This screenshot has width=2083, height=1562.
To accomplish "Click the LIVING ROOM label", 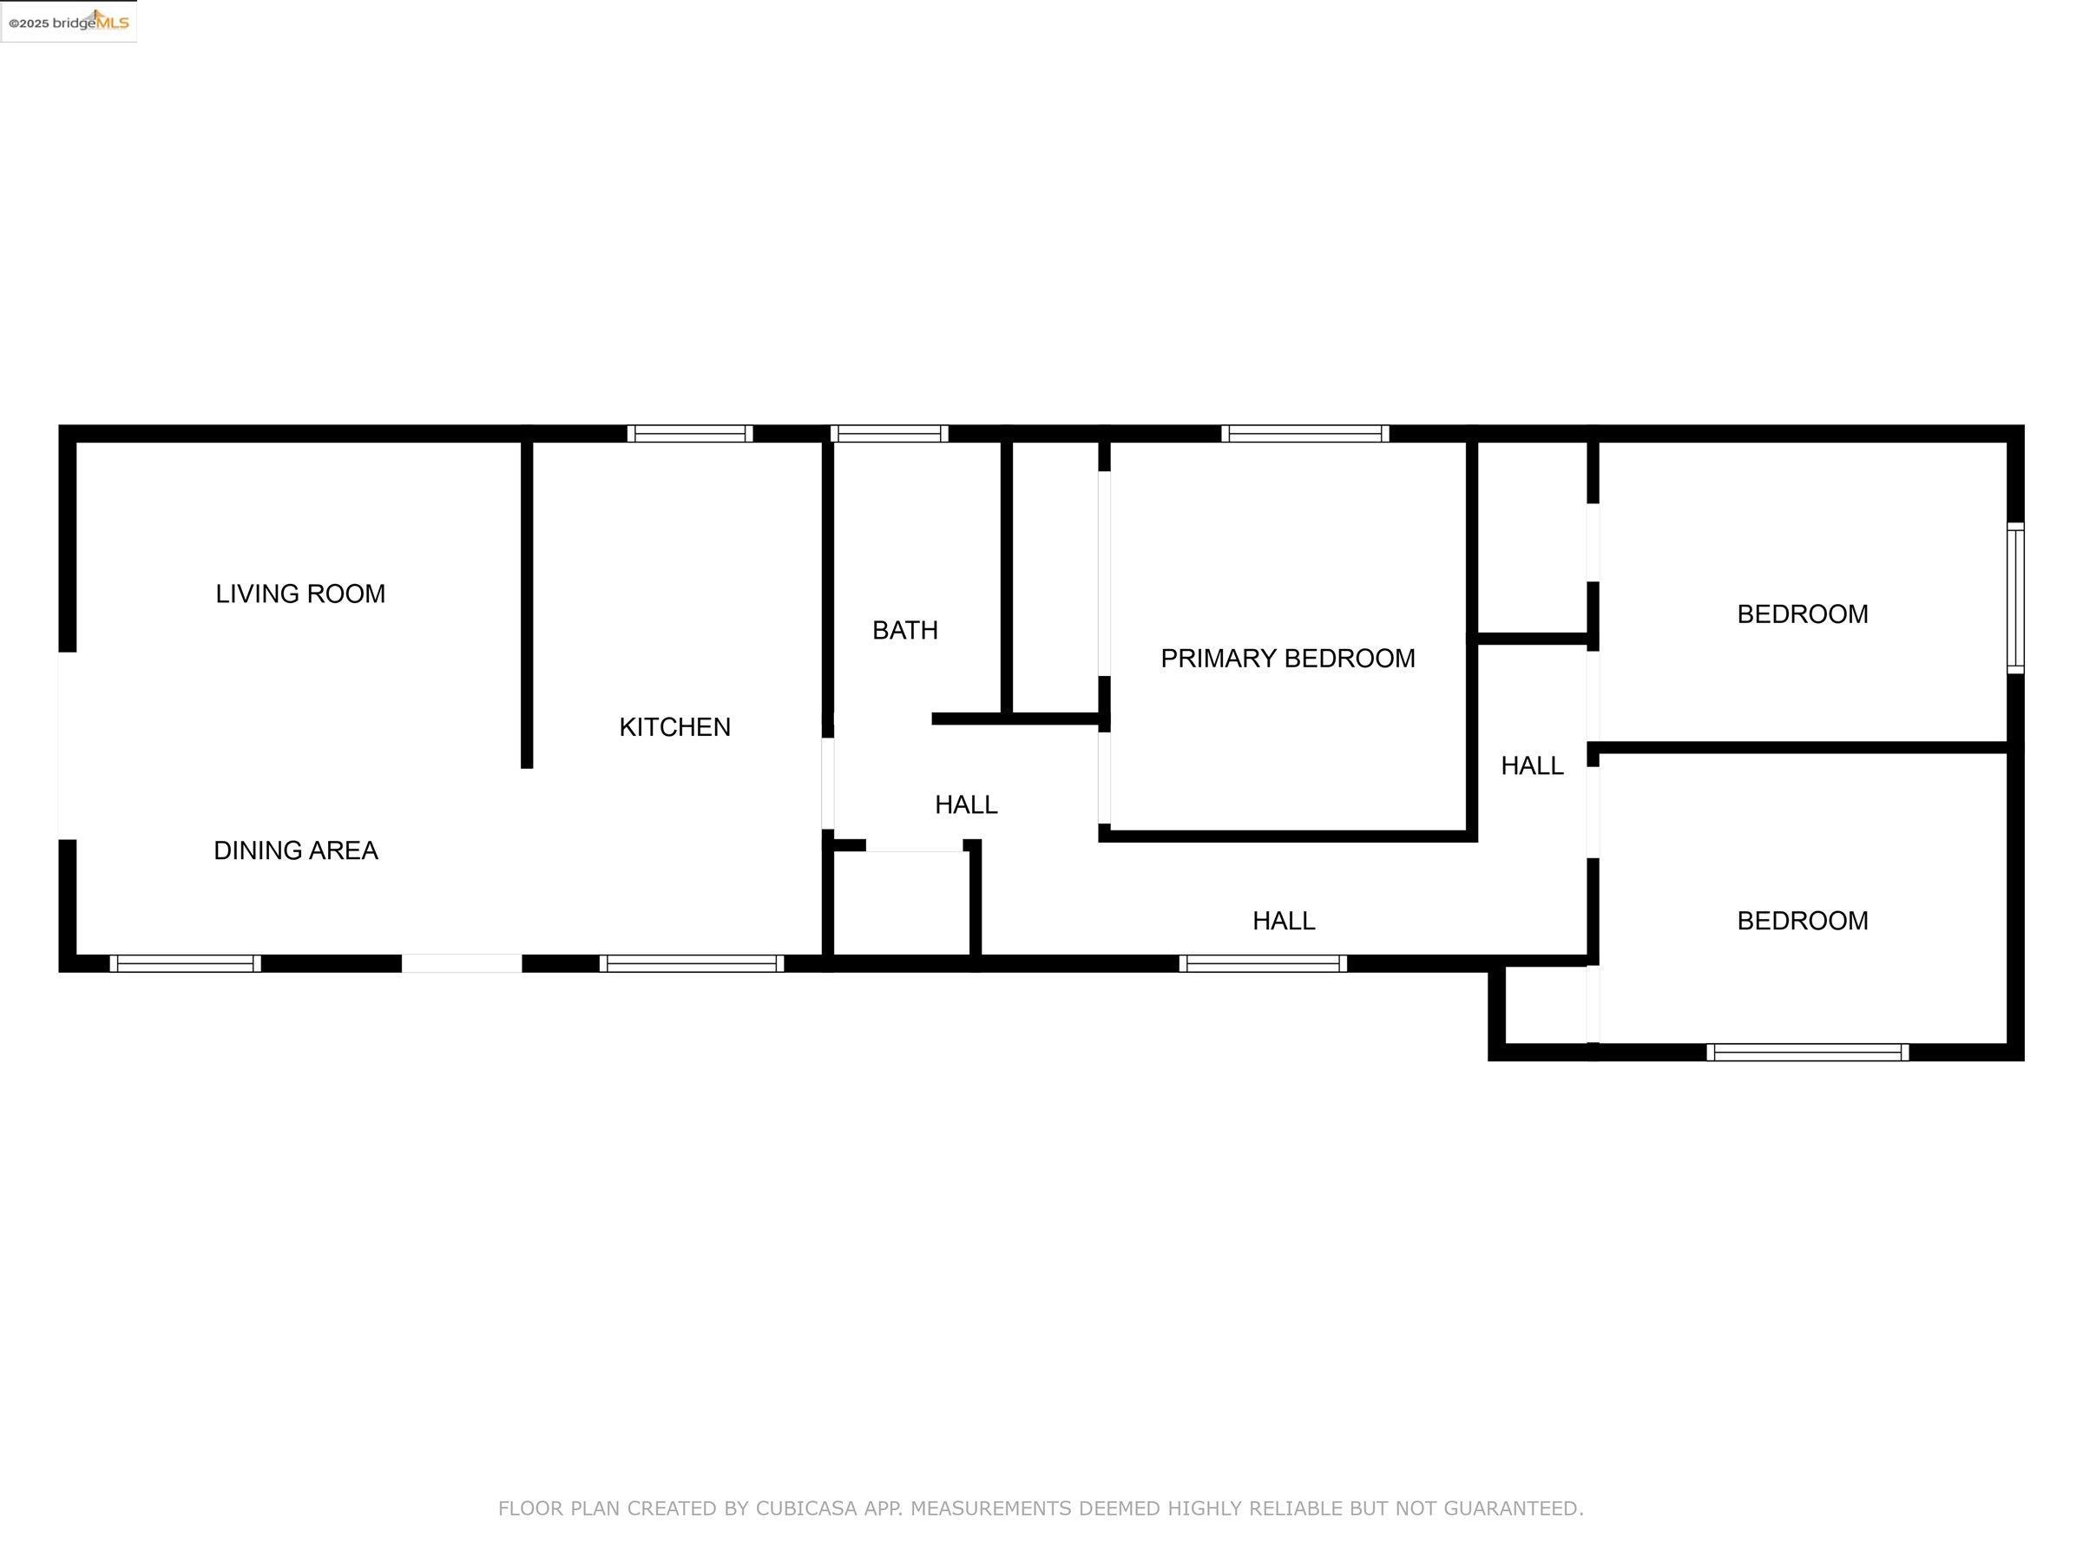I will (x=300, y=594).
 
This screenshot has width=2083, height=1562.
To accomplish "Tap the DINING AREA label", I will (x=296, y=850).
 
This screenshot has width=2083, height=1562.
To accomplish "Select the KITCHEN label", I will (x=674, y=727).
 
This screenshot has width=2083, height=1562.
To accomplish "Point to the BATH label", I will (x=905, y=630).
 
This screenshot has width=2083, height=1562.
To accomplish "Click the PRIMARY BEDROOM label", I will (x=1287, y=658).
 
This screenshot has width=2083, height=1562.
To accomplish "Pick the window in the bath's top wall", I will (x=889, y=434).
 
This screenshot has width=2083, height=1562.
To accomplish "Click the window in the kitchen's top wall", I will (x=690, y=434).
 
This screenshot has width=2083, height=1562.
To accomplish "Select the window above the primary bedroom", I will (x=1305, y=434).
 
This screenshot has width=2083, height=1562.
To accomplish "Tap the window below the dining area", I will (x=186, y=963).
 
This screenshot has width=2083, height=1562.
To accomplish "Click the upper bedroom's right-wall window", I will (x=2015, y=598).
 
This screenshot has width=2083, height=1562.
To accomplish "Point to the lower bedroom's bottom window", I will (x=1808, y=1053).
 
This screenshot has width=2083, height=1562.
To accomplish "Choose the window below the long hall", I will (x=1263, y=963).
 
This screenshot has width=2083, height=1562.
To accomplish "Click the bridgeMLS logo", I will (x=69, y=22).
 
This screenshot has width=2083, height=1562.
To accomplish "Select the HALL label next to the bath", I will (x=966, y=805).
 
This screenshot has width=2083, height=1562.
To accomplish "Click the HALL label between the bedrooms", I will (x=1532, y=766).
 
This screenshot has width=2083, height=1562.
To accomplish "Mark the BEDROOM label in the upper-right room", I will (x=1803, y=614).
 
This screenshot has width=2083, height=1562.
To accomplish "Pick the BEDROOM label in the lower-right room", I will (x=1803, y=921).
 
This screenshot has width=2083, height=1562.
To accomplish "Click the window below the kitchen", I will (x=692, y=963).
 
